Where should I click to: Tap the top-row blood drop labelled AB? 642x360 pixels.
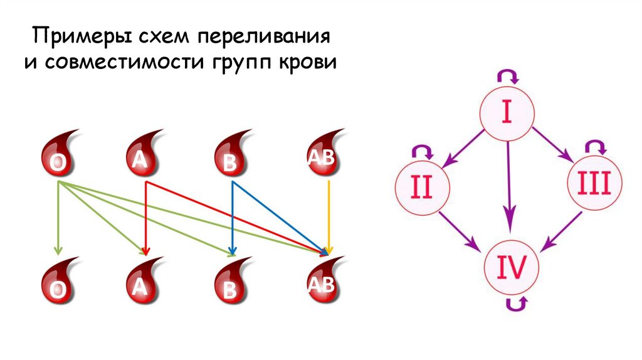[x=323, y=154]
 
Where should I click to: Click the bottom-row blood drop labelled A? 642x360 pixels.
[x=143, y=281]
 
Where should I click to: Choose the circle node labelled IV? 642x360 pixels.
[x=512, y=264]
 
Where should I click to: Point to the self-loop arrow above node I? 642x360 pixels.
[x=508, y=77]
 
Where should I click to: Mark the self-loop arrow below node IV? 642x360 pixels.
[x=517, y=304]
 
